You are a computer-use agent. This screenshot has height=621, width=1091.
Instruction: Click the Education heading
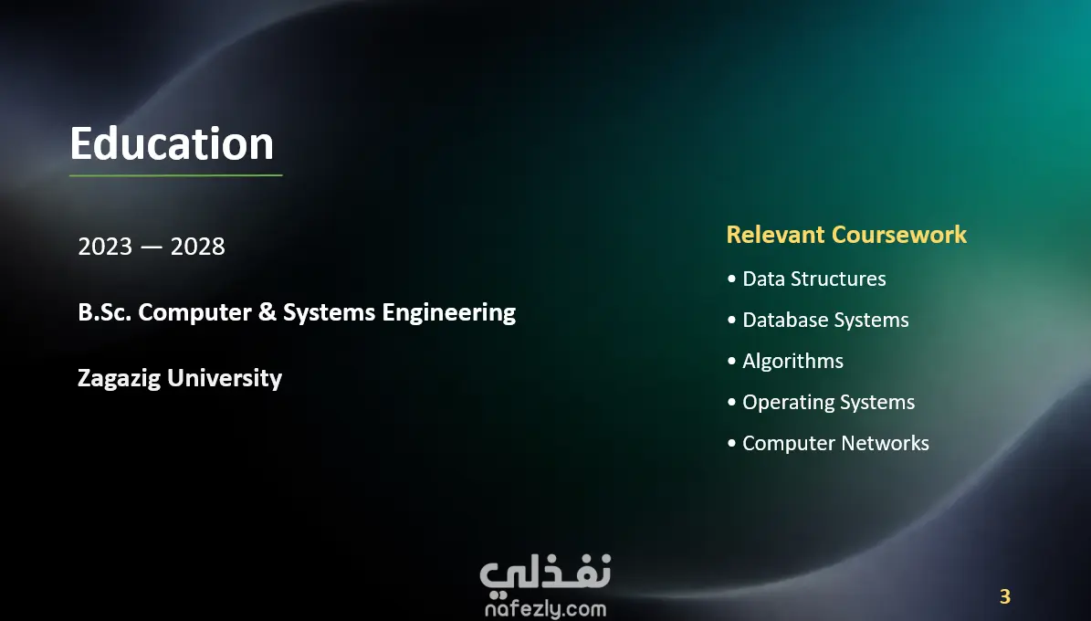pos(172,143)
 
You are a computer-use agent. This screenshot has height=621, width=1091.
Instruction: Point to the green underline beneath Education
pos(176,175)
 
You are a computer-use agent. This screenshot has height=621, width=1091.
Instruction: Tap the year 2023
pos(105,247)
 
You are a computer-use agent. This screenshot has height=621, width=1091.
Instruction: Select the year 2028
pos(197,247)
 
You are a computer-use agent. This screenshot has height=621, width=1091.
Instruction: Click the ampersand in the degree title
pos(268,312)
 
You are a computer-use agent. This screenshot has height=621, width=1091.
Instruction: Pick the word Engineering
pos(449,313)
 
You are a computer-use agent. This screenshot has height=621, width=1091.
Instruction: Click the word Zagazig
pos(119,379)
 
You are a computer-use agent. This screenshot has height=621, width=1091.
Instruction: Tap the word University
pos(225,379)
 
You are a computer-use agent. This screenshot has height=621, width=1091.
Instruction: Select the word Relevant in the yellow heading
pos(776,235)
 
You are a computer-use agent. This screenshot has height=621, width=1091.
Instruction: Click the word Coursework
pos(899,235)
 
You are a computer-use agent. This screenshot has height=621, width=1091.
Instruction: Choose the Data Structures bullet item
pos(814,279)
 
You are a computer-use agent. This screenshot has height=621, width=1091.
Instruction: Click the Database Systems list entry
pos(826,321)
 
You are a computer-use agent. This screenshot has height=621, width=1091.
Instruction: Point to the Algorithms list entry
pos(793,362)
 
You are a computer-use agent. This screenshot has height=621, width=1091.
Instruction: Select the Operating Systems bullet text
pos(829,403)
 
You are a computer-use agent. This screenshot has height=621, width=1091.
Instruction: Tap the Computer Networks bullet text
pos(835,444)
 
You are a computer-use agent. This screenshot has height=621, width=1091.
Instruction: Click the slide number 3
pos(1004,596)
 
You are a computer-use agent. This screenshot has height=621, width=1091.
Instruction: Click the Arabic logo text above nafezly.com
pos(546,575)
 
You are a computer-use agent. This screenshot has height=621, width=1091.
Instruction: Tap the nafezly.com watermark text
pos(546,609)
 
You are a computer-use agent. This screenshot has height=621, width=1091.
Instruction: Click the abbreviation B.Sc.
pos(104,312)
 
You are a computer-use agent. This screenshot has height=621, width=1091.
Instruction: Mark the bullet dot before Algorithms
pos(731,362)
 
